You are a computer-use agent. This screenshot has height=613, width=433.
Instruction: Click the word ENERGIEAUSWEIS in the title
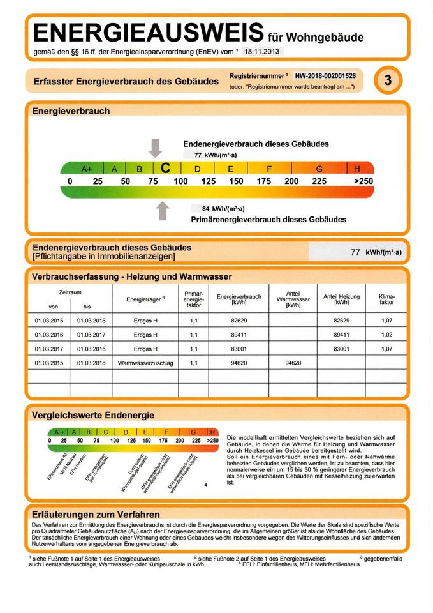[x=145, y=31]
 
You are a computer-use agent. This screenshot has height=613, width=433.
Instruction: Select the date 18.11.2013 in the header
[x=261, y=51]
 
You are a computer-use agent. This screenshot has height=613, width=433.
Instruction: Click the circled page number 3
[x=388, y=81]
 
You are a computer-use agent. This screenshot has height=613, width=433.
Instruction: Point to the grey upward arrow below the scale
[x=163, y=210]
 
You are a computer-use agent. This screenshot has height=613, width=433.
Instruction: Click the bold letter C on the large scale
[x=165, y=168]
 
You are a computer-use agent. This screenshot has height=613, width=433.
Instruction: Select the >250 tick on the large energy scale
[x=362, y=181]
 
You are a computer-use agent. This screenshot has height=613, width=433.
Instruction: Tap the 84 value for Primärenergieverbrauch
[x=205, y=208]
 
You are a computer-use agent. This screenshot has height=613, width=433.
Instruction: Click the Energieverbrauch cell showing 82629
[x=239, y=320]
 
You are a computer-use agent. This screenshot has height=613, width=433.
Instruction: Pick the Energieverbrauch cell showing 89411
[x=239, y=334]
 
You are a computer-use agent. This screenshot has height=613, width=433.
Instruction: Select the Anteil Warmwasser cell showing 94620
[x=293, y=363]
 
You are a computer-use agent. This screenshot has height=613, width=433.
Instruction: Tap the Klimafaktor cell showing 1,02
[x=386, y=334]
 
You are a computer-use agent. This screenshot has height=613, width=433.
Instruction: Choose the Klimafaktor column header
[x=386, y=299]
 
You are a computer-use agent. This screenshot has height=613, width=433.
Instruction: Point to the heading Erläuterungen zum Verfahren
[x=96, y=514]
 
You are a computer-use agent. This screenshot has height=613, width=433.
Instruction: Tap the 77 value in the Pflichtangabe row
[x=356, y=252]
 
